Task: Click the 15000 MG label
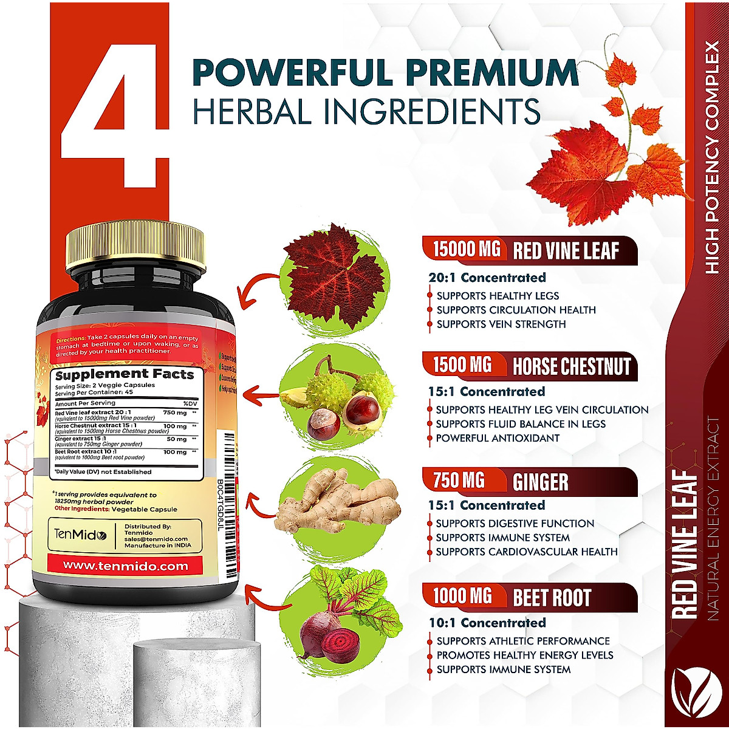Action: tap(467, 250)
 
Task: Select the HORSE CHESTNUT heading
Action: tap(572, 367)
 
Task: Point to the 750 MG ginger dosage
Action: tap(459, 481)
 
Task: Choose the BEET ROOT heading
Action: tap(552, 598)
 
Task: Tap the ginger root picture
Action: tap(336, 504)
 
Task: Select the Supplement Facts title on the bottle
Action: tap(125, 375)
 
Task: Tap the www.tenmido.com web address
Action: tap(125, 566)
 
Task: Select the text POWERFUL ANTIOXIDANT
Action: tap(498, 438)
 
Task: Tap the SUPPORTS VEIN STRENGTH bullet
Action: tap(501, 324)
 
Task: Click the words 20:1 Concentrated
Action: tap(487, 278)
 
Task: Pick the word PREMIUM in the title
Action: tap(492, 73)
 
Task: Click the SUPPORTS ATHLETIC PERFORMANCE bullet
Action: tap(523, 641)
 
